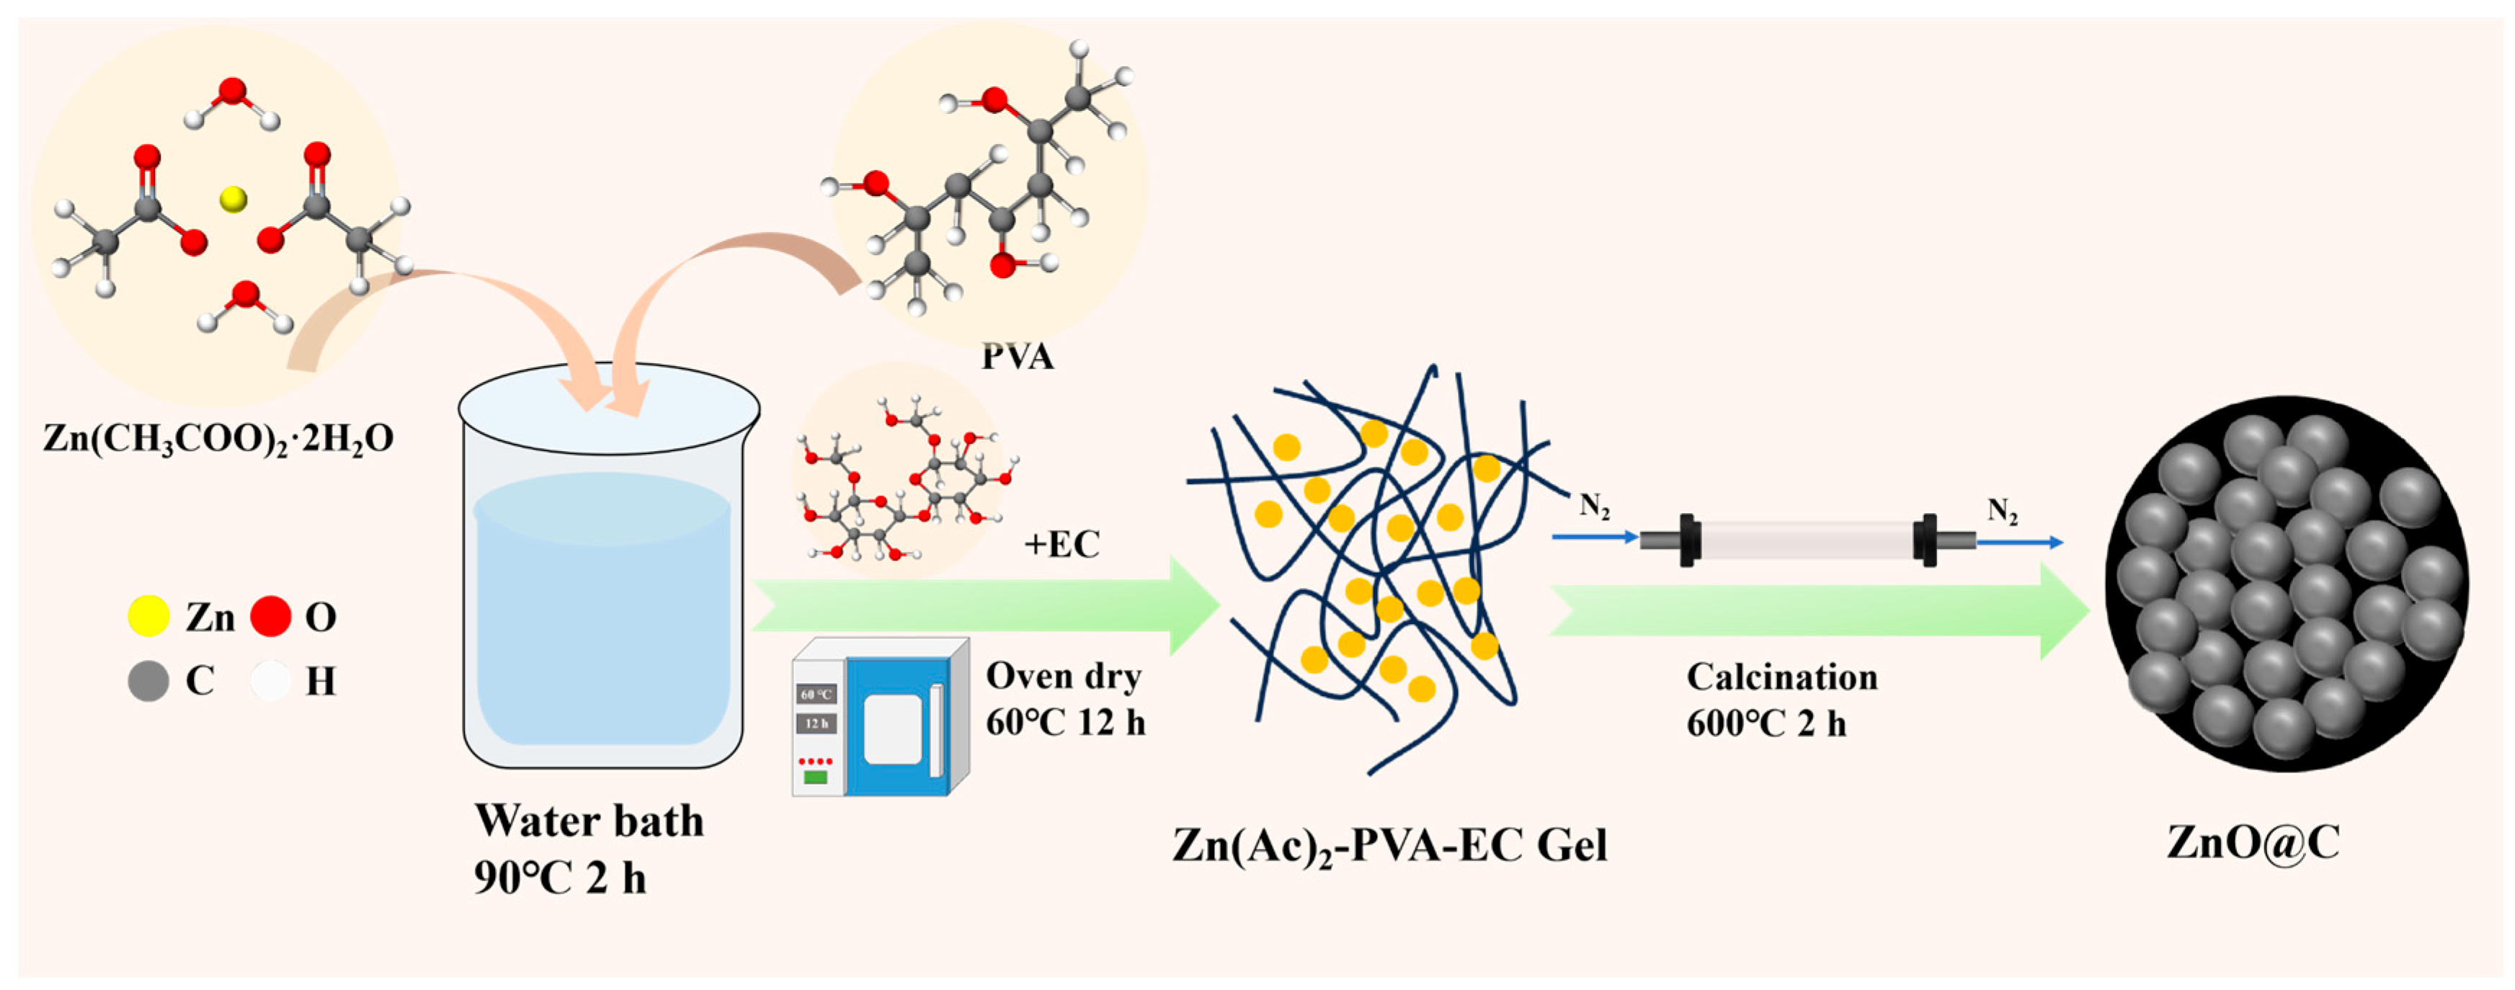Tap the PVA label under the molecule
click(x=1018, y=357)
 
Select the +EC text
click(x=1062, y=544)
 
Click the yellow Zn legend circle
click(x=148, y=617)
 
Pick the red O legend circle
click(x=270, y=617)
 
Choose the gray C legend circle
click(x=148, y=680)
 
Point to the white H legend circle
click(x=270, y=680)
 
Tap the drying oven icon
click(x=878, y=718)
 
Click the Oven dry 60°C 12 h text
click(x=1065, y=699)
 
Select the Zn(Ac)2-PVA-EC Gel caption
click(x=1389, y=845)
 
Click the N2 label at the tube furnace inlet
click(x=1594, y=506)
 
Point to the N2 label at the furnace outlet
click(x=2003, y=511)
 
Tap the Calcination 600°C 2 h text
click(x=1782, y=700)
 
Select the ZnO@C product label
click(x=2253, y=842)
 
